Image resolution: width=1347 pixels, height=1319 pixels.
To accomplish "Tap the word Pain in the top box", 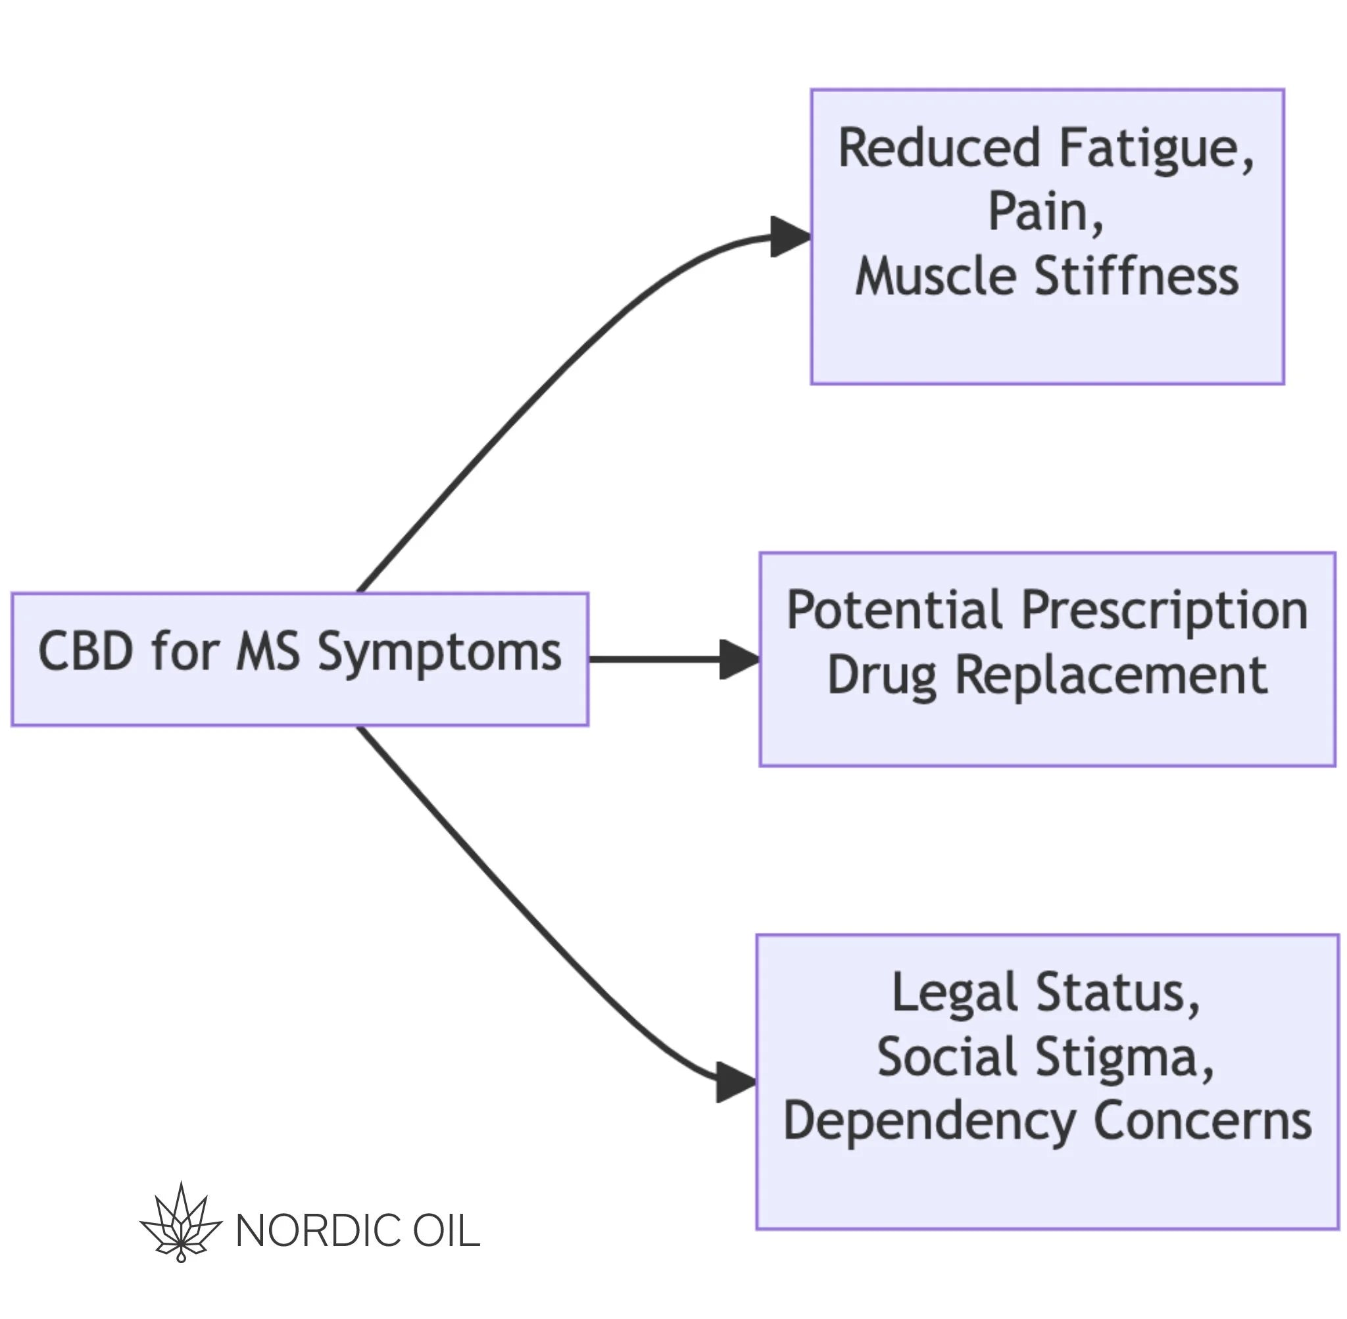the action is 1045,213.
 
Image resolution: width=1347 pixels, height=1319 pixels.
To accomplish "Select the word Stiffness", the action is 1137,276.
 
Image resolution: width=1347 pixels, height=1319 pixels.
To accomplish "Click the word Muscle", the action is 937,276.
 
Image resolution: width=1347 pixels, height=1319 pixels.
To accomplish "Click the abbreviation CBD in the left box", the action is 86,651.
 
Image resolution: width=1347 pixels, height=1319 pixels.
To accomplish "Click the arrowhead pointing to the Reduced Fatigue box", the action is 791,237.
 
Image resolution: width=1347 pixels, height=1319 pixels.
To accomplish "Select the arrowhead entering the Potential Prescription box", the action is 740,659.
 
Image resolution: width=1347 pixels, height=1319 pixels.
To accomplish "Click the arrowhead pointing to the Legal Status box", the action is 736,1082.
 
